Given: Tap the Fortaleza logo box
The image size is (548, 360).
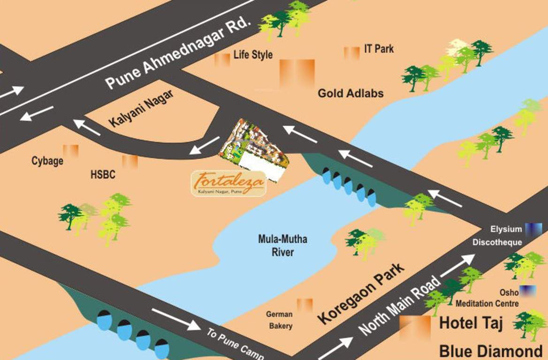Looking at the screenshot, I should pos(228,183).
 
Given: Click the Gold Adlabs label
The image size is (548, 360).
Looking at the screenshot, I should pos(350,93).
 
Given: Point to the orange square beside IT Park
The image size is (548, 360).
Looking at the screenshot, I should pos(351,52).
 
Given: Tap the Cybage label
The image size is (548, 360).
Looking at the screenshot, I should pos(47,161).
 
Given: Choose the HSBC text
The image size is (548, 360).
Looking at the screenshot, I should pos(103,176).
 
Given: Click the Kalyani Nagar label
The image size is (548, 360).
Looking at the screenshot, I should pos(141,108).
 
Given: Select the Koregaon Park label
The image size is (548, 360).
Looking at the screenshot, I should pos(361,293).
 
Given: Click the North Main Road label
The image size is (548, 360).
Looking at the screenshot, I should pos(400,305).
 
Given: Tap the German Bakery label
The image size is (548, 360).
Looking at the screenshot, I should pos(279,320).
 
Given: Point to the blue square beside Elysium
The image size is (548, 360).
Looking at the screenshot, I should pos(533,229).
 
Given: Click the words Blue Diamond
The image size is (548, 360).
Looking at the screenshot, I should pos(490,351).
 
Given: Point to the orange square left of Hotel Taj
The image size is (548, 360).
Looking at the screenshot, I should pos(415,327).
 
